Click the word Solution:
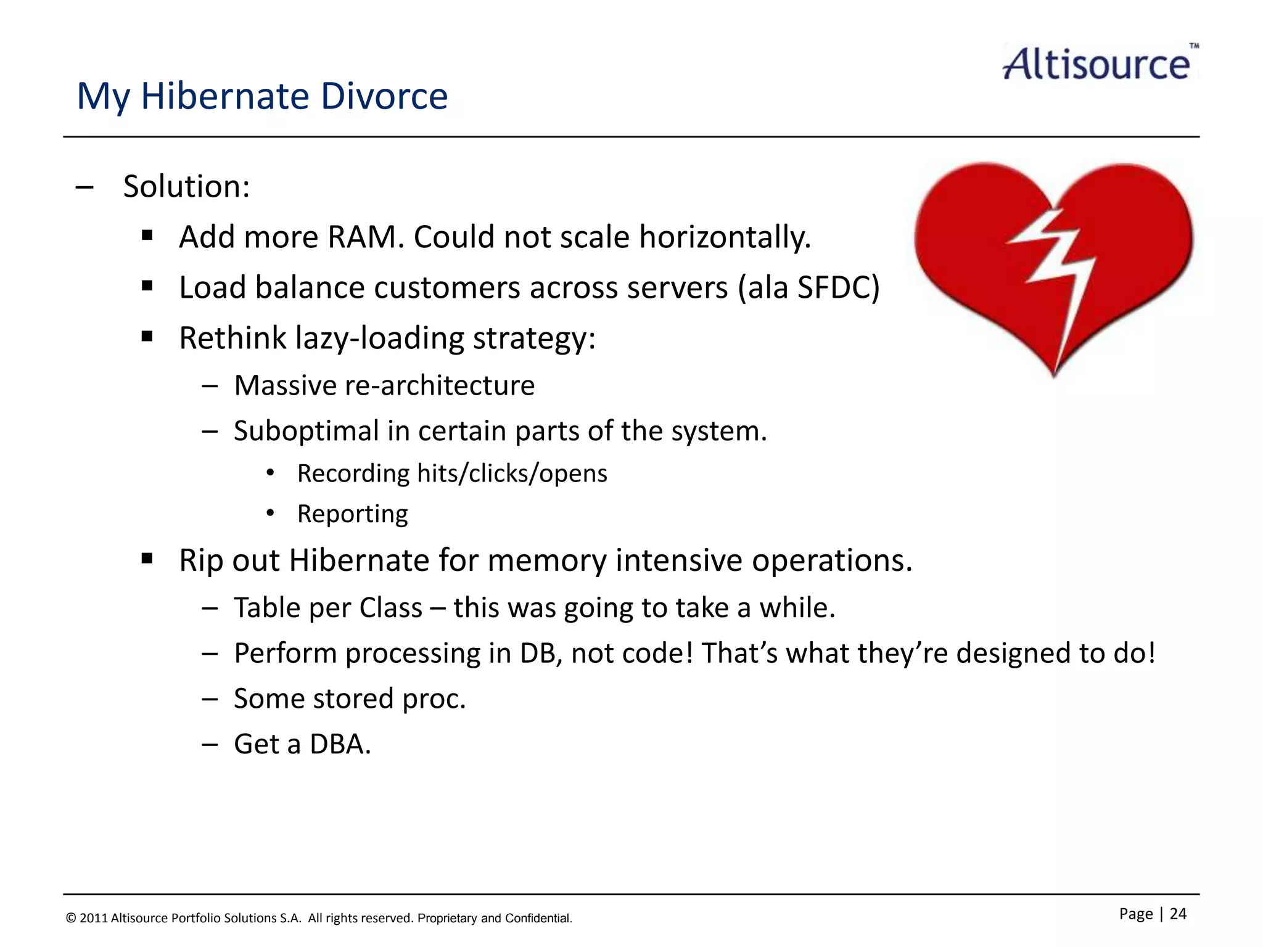186,186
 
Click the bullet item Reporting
352,514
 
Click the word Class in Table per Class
390,608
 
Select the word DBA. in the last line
340,744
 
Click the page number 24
1177,914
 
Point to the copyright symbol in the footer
71,919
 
